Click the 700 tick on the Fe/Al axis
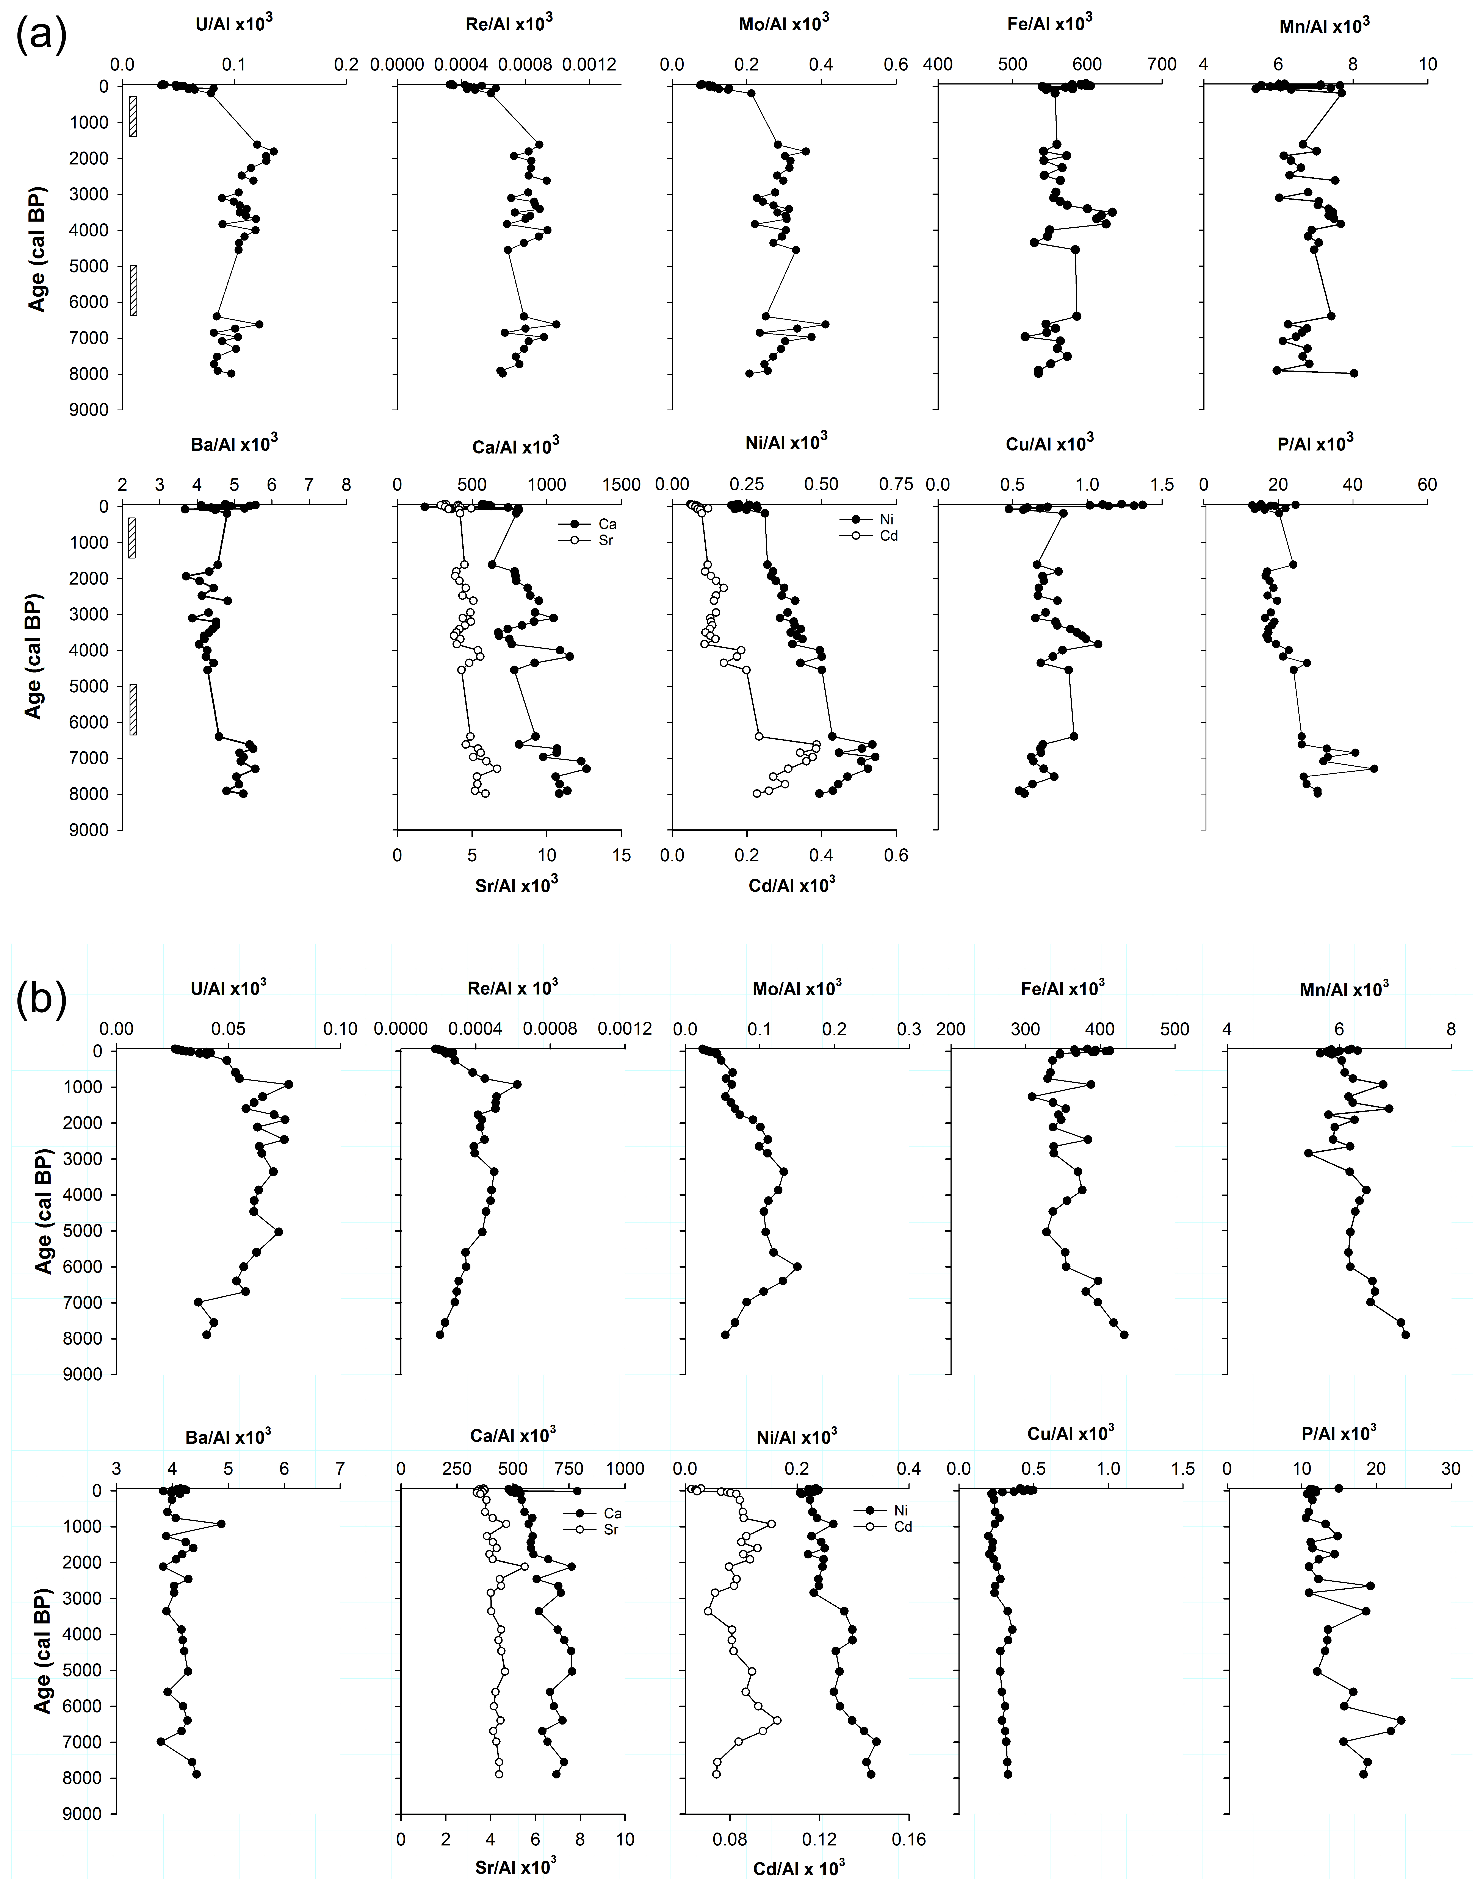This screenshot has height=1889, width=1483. tap(1162, 65)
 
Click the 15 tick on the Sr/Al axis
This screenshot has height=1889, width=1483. tap(622, 855)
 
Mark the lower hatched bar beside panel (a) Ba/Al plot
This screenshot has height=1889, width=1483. tap(133, 709)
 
